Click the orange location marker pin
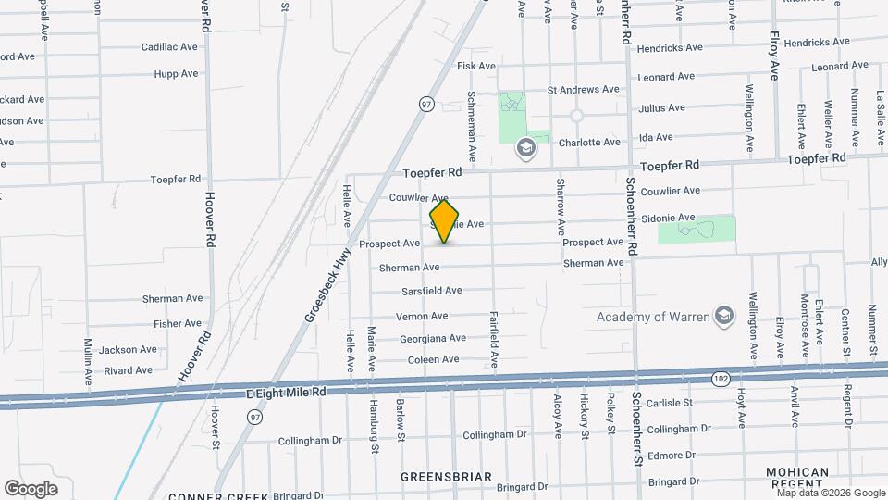445,222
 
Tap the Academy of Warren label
652,317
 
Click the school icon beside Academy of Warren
724,317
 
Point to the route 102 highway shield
720,378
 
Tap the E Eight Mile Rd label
287,394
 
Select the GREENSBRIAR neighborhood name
446,477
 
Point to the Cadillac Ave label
169,46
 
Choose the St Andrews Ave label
583,90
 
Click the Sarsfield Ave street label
431,291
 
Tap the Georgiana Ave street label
432,338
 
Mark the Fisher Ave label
178,324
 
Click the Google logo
31,489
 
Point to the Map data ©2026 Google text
831,494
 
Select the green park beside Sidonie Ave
697,230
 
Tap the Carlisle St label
670,404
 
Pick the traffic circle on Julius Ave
576,117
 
